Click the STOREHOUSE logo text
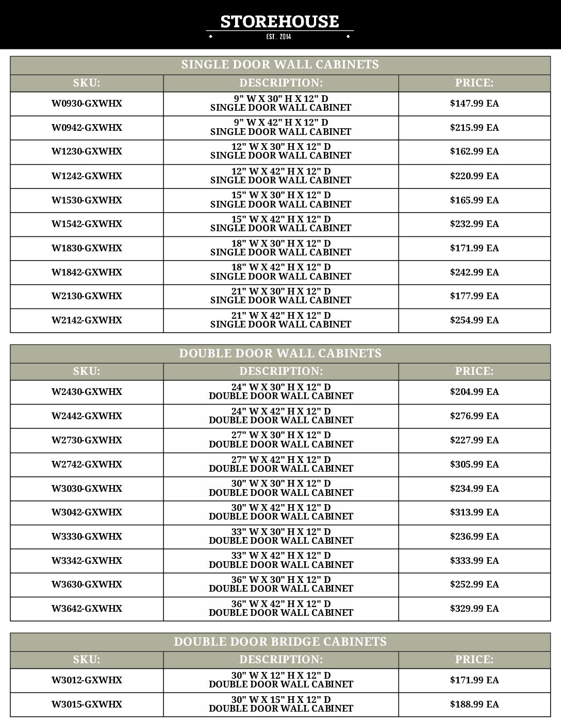(x=279, y=21)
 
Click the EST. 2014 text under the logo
(x=279, y=37)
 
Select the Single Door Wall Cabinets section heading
(x=280, y=64)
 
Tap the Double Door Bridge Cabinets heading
(x=280, y=642)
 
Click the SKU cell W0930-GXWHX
(x=87, y=103)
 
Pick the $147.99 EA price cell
(x=474, y=103)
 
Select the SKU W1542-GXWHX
(x=87, y=224)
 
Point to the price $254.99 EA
(x=474, y=320)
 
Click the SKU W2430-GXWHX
(x=87, y=392)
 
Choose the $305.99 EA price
(x=474, y=464)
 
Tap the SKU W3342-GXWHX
(x=87, y=561)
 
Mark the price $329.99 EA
(x=474, y=609)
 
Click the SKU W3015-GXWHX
(x=87, y=704)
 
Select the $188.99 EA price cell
(x=474, y=704)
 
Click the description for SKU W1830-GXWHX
(x=280, y=248)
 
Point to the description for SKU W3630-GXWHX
(x=280, y=584)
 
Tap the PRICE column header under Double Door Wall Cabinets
(x=474, y=371)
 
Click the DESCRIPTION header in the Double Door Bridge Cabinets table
(x=280, y=660)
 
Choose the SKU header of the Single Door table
(x=87, y=83)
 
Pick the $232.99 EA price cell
(x=474, y=224)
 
